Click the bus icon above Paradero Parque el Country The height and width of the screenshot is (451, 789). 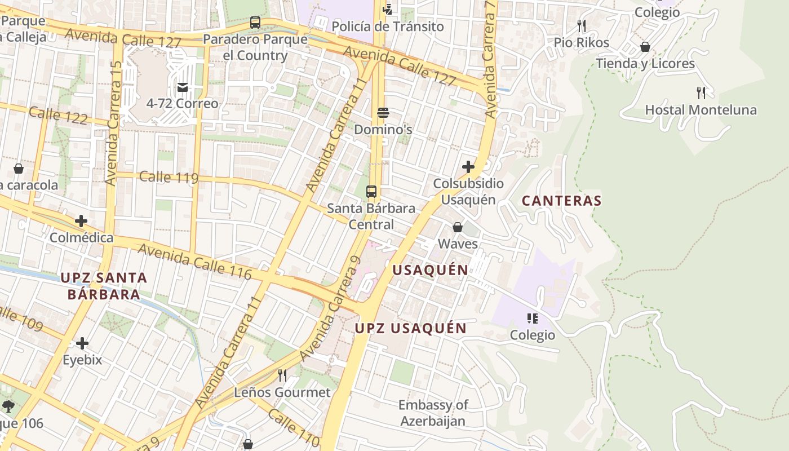click(255, 23)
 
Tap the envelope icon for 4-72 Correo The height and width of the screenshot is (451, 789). click(183, 87)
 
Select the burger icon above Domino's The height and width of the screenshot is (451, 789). click(383, 113)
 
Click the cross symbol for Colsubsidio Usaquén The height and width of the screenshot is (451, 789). click(468, 167)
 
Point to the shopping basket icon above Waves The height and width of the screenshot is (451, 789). click(458, 227)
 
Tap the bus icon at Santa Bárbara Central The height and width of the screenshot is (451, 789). click(371, 191)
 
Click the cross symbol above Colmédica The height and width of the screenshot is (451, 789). click(81, 221)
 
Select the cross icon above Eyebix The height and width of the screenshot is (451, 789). click(82, 343)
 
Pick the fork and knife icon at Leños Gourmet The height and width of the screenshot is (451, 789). click(282, 375)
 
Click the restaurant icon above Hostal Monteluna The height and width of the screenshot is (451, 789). click(701, 92)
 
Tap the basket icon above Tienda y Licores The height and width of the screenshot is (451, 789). click(645, 47)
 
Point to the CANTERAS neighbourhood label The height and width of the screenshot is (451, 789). click(561, 201)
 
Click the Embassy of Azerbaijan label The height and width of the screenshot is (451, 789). click(433, 413)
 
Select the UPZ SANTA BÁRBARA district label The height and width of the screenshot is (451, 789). click(104, 286)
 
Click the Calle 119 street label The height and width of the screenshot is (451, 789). click(169, 177)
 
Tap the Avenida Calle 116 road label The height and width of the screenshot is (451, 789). click(194, 260)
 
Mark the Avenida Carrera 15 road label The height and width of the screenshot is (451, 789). click(113, 123)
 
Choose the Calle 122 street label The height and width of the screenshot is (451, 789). click(58, 115)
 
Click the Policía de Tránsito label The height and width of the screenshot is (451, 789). click(387, 26)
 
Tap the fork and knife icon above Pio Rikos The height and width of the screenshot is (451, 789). click(582, 26)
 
